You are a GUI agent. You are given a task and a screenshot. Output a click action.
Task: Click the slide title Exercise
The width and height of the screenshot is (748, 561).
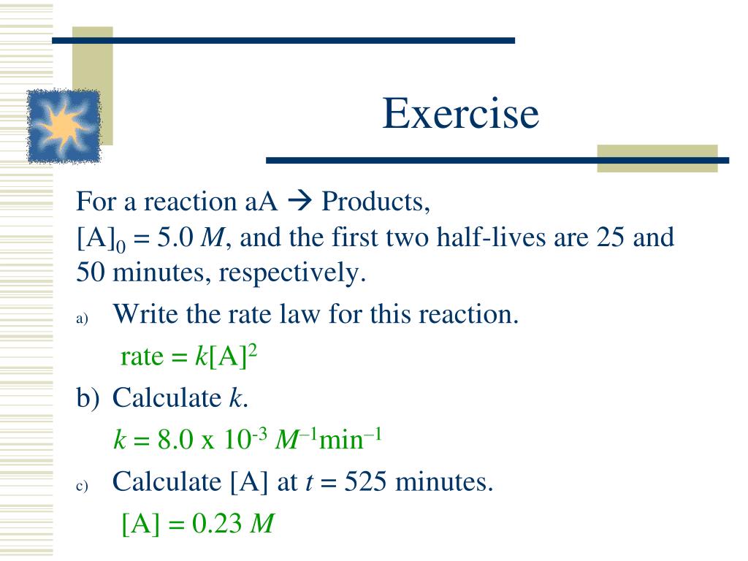point(460,115)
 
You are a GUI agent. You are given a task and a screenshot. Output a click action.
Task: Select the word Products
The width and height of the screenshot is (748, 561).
point(375,200)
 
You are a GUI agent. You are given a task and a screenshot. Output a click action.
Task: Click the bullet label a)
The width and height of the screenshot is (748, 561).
point(81,319)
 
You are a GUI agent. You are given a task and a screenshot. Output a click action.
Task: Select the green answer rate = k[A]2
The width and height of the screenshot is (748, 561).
point(189,356)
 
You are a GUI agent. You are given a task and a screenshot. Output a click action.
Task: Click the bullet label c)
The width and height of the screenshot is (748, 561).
point(81,486)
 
